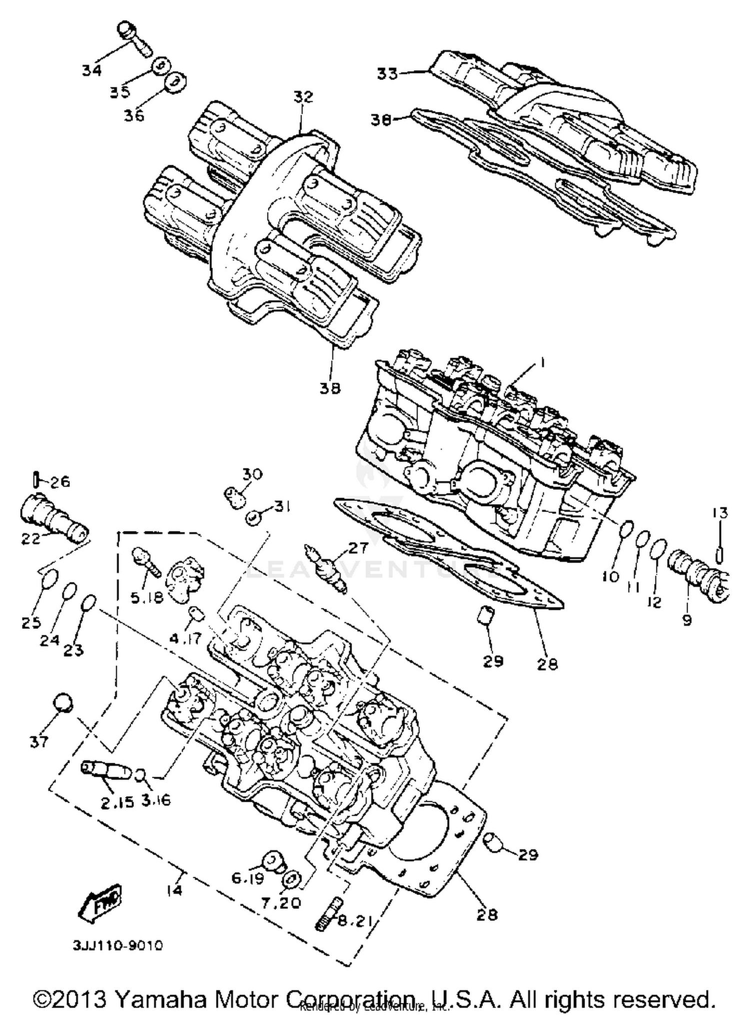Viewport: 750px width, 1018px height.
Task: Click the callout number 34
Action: (92, 70)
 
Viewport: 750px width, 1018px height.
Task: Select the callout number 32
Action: (303, 96)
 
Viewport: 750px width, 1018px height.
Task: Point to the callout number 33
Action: (387, 73)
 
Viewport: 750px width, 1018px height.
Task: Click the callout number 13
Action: (720, 513)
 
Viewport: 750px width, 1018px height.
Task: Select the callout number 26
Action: (60, 482)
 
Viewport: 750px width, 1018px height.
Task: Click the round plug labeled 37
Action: (63, 703)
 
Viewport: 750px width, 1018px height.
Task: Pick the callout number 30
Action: (253, 474)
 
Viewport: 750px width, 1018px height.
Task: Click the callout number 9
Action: (687, 620)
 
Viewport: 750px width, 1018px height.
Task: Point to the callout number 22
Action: (30, 539)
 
